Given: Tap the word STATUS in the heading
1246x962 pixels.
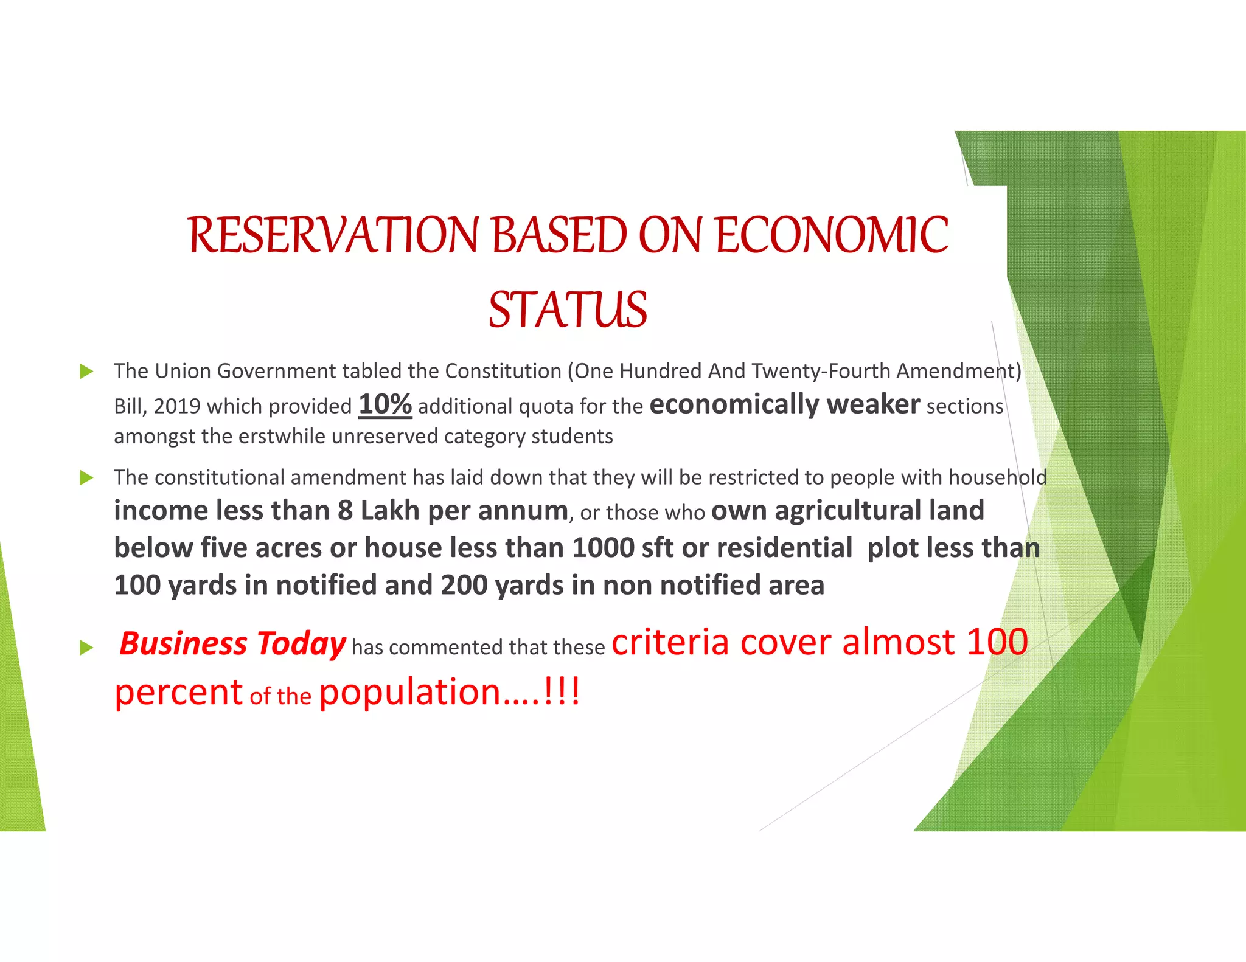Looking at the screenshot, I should click(568, 310).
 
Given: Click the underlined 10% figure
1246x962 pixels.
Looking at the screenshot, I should click(385, 404).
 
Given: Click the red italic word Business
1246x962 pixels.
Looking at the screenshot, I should click(183, 643).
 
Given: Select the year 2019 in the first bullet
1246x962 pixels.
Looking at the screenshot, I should click(177, 406).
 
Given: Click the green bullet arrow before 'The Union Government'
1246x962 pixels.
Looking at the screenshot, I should click(86, 371).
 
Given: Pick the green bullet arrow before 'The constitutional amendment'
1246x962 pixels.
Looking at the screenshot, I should click(86, 478).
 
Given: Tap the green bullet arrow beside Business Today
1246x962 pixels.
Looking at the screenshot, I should click(86, 648).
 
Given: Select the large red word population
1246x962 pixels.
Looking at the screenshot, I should click(409, 693).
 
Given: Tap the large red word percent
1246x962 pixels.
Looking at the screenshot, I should click(179, 693).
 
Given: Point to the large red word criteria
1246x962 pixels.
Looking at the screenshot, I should click(670, 642).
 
